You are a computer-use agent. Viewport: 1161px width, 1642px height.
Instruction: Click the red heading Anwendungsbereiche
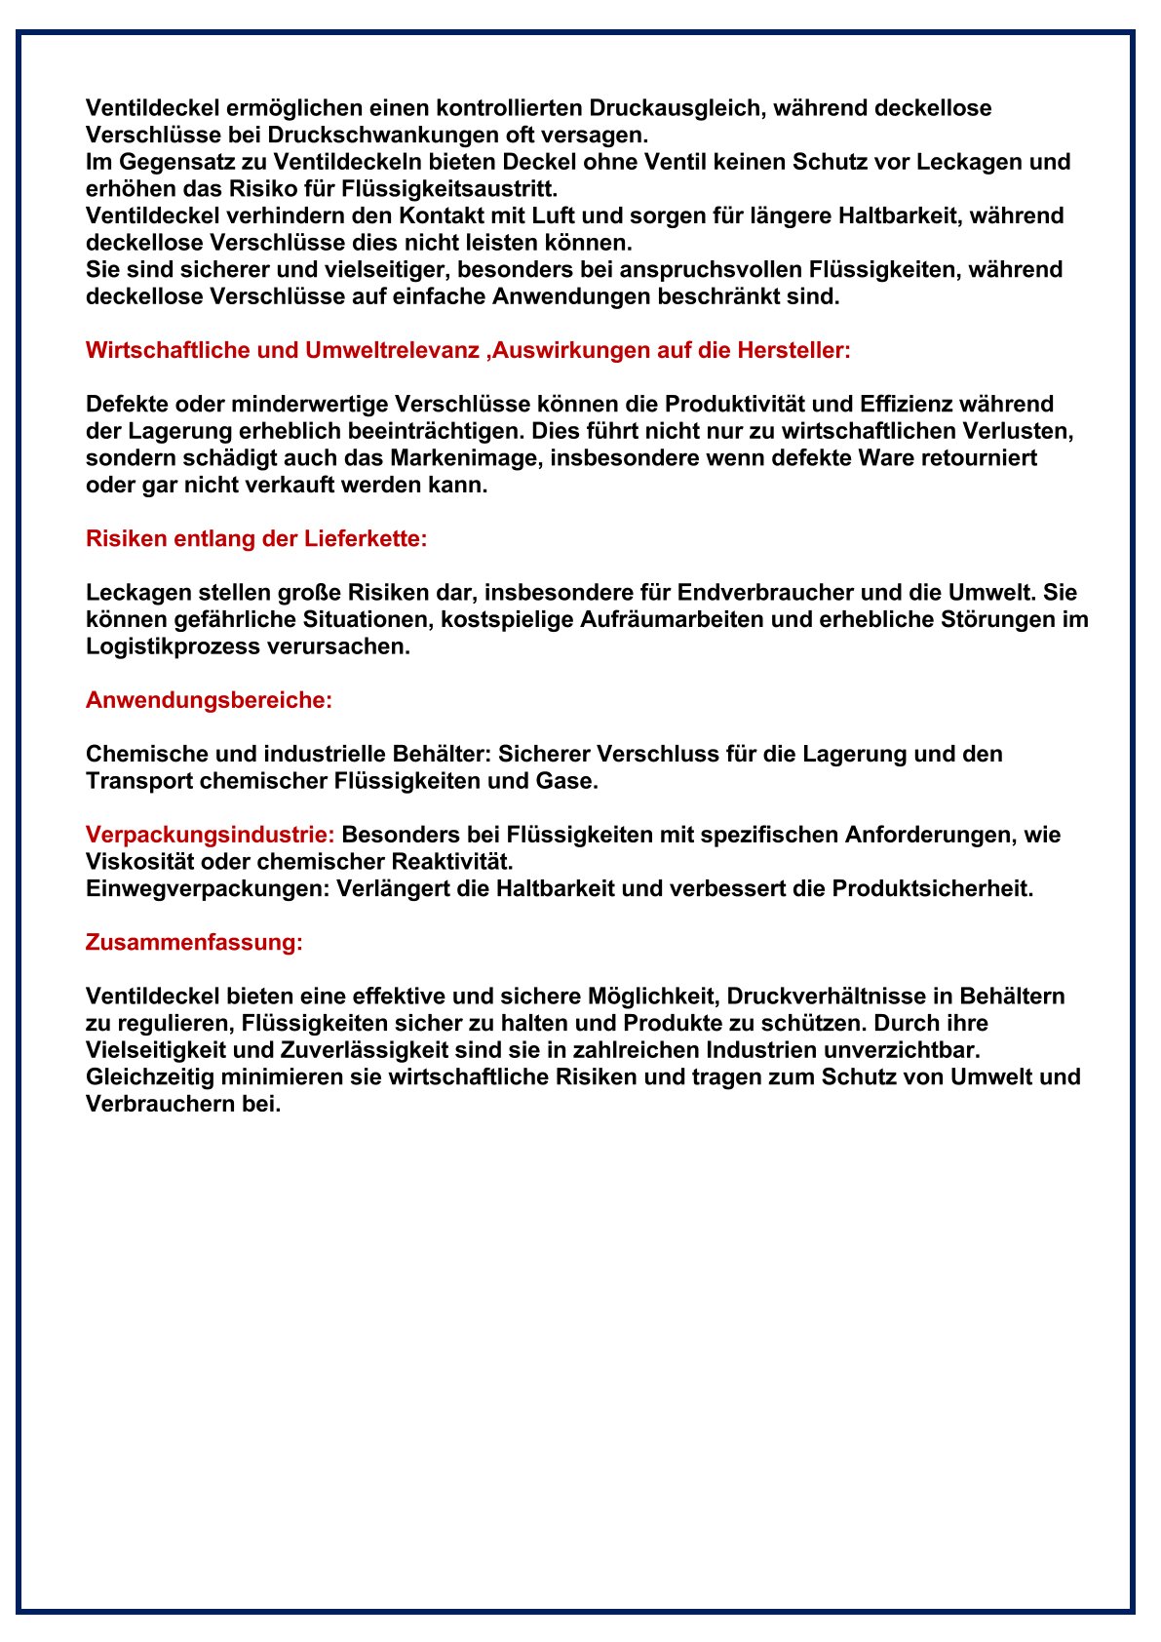pos(209,700)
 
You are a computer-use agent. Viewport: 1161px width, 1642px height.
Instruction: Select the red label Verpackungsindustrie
pos(210,835)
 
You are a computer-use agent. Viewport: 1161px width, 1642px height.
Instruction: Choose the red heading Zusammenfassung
pos(194,942)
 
